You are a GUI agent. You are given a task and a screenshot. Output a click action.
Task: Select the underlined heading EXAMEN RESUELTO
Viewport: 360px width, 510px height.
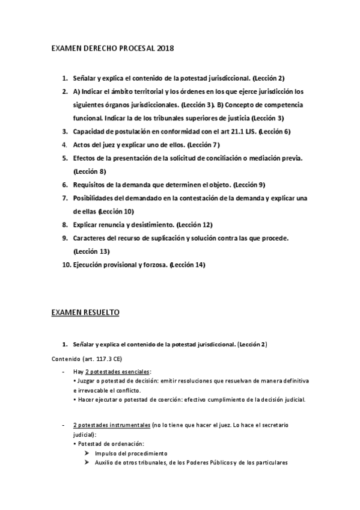85,312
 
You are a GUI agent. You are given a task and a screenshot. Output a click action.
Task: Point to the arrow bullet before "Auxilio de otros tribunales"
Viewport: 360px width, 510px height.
88,462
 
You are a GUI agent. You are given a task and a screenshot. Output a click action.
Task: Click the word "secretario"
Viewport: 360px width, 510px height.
273,425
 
